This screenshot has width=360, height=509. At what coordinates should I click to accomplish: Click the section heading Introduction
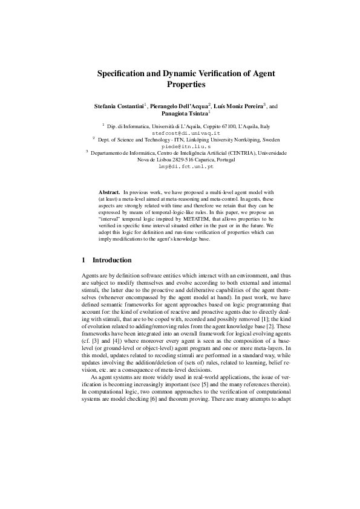pos(111,261)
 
